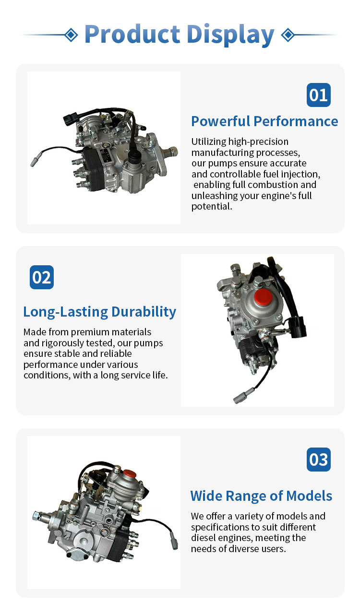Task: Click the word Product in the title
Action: (132, 34)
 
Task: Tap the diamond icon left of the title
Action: (72, 35)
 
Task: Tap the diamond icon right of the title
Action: (288, 35)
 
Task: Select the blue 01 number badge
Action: (319, 95)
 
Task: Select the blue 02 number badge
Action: (42, 277)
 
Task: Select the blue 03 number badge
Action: (319, 460)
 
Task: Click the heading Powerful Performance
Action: (264, 121)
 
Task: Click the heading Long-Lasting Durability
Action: (100, 312)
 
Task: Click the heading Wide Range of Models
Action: (261, 496)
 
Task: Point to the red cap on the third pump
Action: (130, 473)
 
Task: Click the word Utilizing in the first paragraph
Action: (208, 142)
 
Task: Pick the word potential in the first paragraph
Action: (212, 207)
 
